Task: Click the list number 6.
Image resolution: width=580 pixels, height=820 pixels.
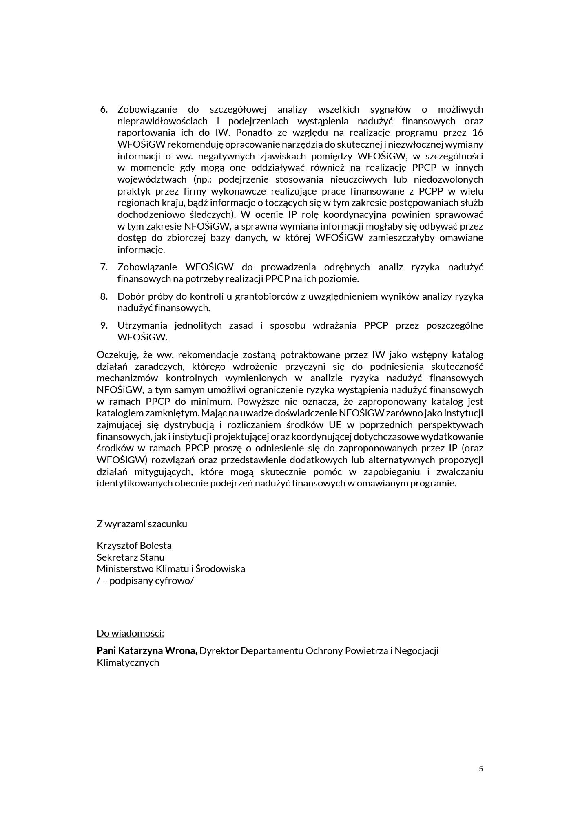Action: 104,109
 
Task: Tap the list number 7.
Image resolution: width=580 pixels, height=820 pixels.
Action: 104,267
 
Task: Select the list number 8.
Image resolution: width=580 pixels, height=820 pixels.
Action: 104,296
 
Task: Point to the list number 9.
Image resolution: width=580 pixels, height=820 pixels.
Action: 104,325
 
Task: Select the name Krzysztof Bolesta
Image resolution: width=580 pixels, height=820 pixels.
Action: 134,546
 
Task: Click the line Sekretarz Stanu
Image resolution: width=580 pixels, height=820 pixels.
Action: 131,557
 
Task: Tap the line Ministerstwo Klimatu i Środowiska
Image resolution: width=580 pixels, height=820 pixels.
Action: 170,569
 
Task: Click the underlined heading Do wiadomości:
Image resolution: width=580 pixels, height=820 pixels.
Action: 130,633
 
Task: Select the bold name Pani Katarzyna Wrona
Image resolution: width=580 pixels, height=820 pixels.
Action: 147,651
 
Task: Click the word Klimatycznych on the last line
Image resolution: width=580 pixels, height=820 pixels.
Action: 128,663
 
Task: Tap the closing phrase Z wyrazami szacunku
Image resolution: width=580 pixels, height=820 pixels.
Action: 142,524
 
